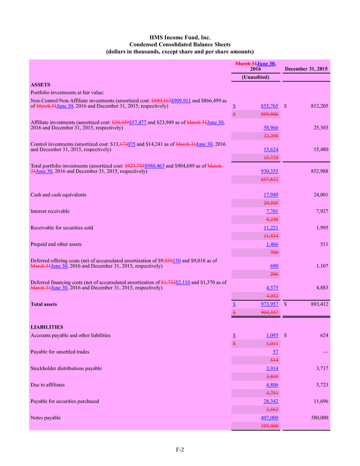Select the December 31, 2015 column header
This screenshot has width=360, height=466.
coord(306,69)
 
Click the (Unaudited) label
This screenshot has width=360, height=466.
coord(255,77)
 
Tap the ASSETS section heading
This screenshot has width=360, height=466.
coord(40,84)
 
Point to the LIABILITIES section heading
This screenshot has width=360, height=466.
coord(46,327)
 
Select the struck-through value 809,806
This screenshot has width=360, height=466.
coord(269,114)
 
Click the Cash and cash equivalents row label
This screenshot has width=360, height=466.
coord(58,195)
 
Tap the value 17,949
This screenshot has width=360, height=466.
coord(271,195)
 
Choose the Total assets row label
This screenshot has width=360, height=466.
coord(44,304)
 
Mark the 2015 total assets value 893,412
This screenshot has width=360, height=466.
coord(318,304)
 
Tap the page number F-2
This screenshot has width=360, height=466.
coord(180,449)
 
